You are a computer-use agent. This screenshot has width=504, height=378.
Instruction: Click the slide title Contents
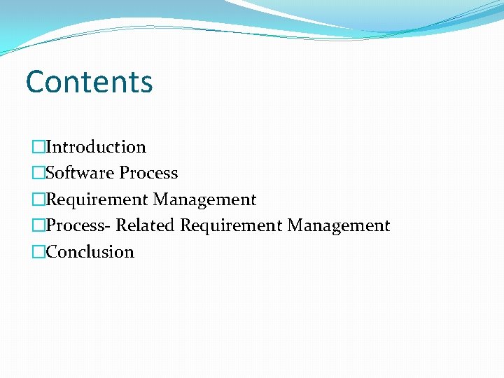(x=89, y=81)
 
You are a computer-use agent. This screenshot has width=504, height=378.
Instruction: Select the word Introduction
(x=96, y=147)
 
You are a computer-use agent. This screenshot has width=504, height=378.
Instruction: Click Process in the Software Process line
(x=148, y=173)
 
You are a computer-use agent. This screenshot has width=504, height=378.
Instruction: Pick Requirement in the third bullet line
(x=97, y=199)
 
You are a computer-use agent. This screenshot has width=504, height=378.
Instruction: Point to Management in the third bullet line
(x=205, y=199)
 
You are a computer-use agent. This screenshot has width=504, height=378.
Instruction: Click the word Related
(x=146, y=225)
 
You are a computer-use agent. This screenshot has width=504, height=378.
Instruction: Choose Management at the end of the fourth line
(x=339, y=225)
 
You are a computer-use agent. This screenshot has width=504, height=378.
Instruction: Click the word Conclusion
(x=90, y=251)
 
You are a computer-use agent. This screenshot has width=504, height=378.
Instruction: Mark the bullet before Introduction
(x=38, y=147)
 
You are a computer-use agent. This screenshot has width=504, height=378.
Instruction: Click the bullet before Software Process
(x=38, y=173)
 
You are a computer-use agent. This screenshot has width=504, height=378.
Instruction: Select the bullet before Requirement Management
(x=38, y=199)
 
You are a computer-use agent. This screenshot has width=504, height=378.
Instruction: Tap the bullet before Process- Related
(x=38, y=225)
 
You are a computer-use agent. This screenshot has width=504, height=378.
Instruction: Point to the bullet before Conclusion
(x=38, y=251)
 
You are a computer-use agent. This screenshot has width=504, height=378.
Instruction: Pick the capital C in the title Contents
(x=35, y=82)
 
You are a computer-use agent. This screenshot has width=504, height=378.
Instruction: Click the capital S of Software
(x=50, y=173)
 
